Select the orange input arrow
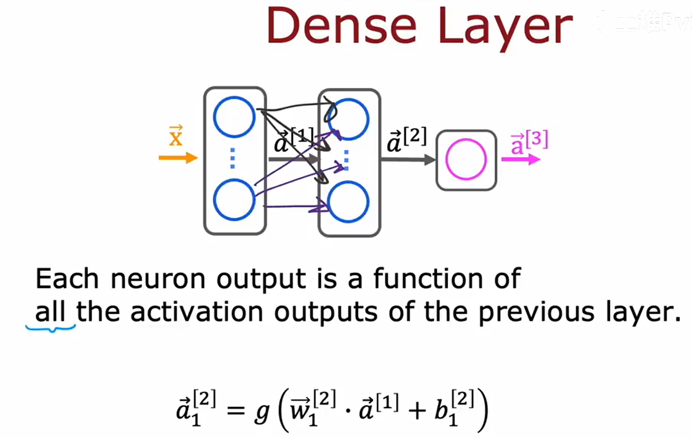(178, 158)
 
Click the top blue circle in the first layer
(234, 116)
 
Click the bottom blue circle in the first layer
(234, 199)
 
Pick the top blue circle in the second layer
(348, 117)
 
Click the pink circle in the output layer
(466, 160)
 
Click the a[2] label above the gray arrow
(407, 142)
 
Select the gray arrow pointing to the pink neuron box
(408, 160)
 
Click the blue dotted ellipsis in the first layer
(233, 158)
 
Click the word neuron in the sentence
(160, 279)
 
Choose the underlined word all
(51, 313)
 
